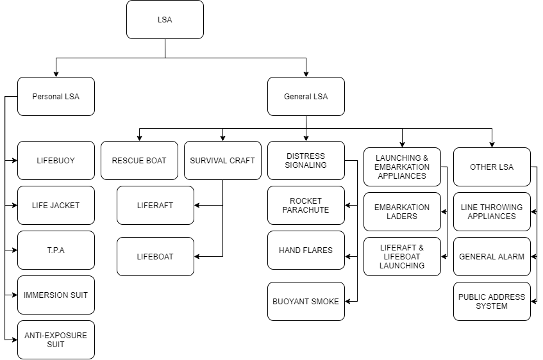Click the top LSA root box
pyautogui.click(x=165, y=20)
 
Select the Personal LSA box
pyautogui.click(x=56, y=97)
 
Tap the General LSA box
pyautogui.click(x=306, y=97)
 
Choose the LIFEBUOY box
pyautogui.click(x=56, y=161)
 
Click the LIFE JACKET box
pyautogui.click(x=56, y=206)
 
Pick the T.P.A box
pyautogui.click(x=56, y=250)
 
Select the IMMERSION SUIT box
pyautogui.click(x=56, y=295)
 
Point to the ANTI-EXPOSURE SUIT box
pyautogui.click(x=56, y=340)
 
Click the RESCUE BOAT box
pyautogui.click(x=139, y=161)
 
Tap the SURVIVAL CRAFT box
pyautogui.click(x=222, y=161)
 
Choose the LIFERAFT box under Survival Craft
pyautogui.click(x=155, y=206)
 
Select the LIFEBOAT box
pyautogui.click(x=155, y=257)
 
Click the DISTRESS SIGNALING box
pyautogui.click(x=306, y=161)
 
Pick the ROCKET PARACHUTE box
pyautogui.click(x=306, y=206)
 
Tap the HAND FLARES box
pyautogui.click(x=306, y=250)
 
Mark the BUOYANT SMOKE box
pyautogui.click(x=306, y=302)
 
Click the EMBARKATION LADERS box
pyautogui.click(x=402, y=212)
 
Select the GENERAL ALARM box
pyautogui.click(x=492, y=257)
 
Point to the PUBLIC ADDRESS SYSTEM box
pyautogui.click(x=492, y=302)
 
